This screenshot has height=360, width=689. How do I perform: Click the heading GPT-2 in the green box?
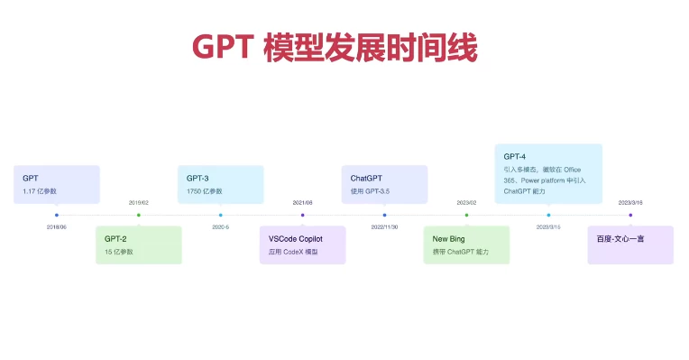pos(116,239)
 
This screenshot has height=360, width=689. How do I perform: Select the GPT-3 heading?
pos(198,179)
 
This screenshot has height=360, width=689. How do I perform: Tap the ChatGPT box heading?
pos(366,179)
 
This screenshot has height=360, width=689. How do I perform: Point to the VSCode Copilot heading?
pos(295,239)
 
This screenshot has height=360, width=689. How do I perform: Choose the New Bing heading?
pos(449,239)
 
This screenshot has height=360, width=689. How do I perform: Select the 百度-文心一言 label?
pos(620,239)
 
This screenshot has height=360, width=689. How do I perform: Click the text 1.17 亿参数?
pos(40,191)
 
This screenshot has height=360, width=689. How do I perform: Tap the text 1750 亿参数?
pos(205,191)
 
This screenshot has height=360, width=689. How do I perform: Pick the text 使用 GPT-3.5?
pos(370,191)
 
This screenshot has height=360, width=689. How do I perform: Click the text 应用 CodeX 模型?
pos(293,252)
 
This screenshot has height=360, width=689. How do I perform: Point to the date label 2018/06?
pos(56,227)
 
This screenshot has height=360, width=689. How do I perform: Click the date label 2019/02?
pos(138,203)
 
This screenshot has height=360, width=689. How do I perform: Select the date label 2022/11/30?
pos(384,227)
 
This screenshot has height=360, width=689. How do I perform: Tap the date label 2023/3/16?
pos(630,203)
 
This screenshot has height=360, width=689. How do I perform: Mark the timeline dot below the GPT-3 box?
pos(220,215)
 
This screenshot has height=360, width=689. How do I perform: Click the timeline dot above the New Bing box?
pos(466,215)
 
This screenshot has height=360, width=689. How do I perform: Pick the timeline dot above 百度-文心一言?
pos(630,215)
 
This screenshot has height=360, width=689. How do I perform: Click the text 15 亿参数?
pos(119,252)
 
